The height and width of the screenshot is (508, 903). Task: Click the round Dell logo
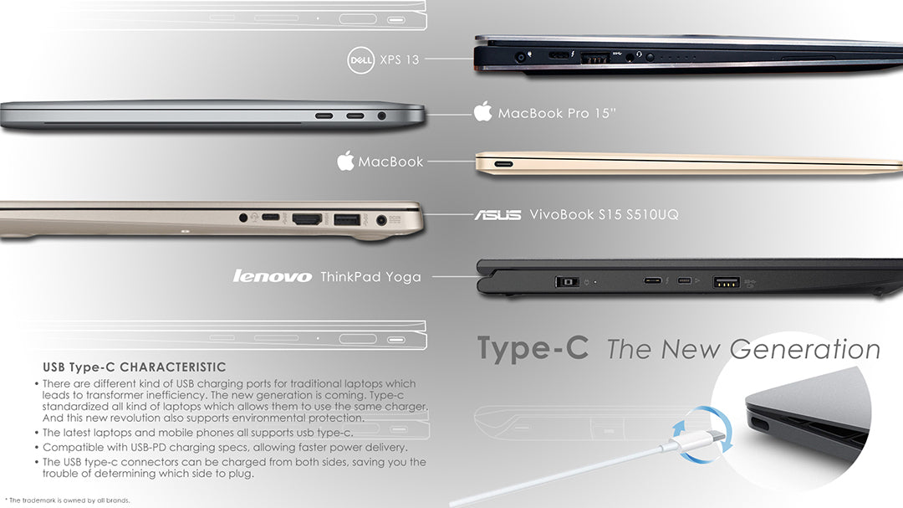[361, 60]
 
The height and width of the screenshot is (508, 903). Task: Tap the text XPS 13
[400, 59]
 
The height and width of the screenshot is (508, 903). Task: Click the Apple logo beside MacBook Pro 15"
[483, 111]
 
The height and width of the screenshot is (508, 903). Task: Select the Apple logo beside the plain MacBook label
[345, 161]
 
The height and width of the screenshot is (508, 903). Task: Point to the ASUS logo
[497, 215]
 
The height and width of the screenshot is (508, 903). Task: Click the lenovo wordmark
[273, 276]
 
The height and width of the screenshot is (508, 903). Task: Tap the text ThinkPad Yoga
[370, 277]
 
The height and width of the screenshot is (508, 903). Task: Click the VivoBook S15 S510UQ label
[605, 214]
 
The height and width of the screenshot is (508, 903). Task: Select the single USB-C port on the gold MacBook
[503, 164]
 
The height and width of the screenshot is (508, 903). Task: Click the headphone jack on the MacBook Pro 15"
[381, 115]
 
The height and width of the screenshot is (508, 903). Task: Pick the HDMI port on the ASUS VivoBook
[307, 218]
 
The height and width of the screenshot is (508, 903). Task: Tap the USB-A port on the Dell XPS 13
[595, 58]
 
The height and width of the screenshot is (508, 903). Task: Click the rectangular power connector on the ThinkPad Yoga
[568, 281]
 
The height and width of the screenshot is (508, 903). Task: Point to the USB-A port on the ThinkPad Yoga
[727, 282]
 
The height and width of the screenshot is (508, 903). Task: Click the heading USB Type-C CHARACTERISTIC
[134, 367]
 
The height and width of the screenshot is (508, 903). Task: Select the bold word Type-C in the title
[533, 347]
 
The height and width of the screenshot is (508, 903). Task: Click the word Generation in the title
[805, 350]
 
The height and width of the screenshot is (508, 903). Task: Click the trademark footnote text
[69, 500]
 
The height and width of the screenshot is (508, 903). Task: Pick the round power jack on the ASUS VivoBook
[380, 220]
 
